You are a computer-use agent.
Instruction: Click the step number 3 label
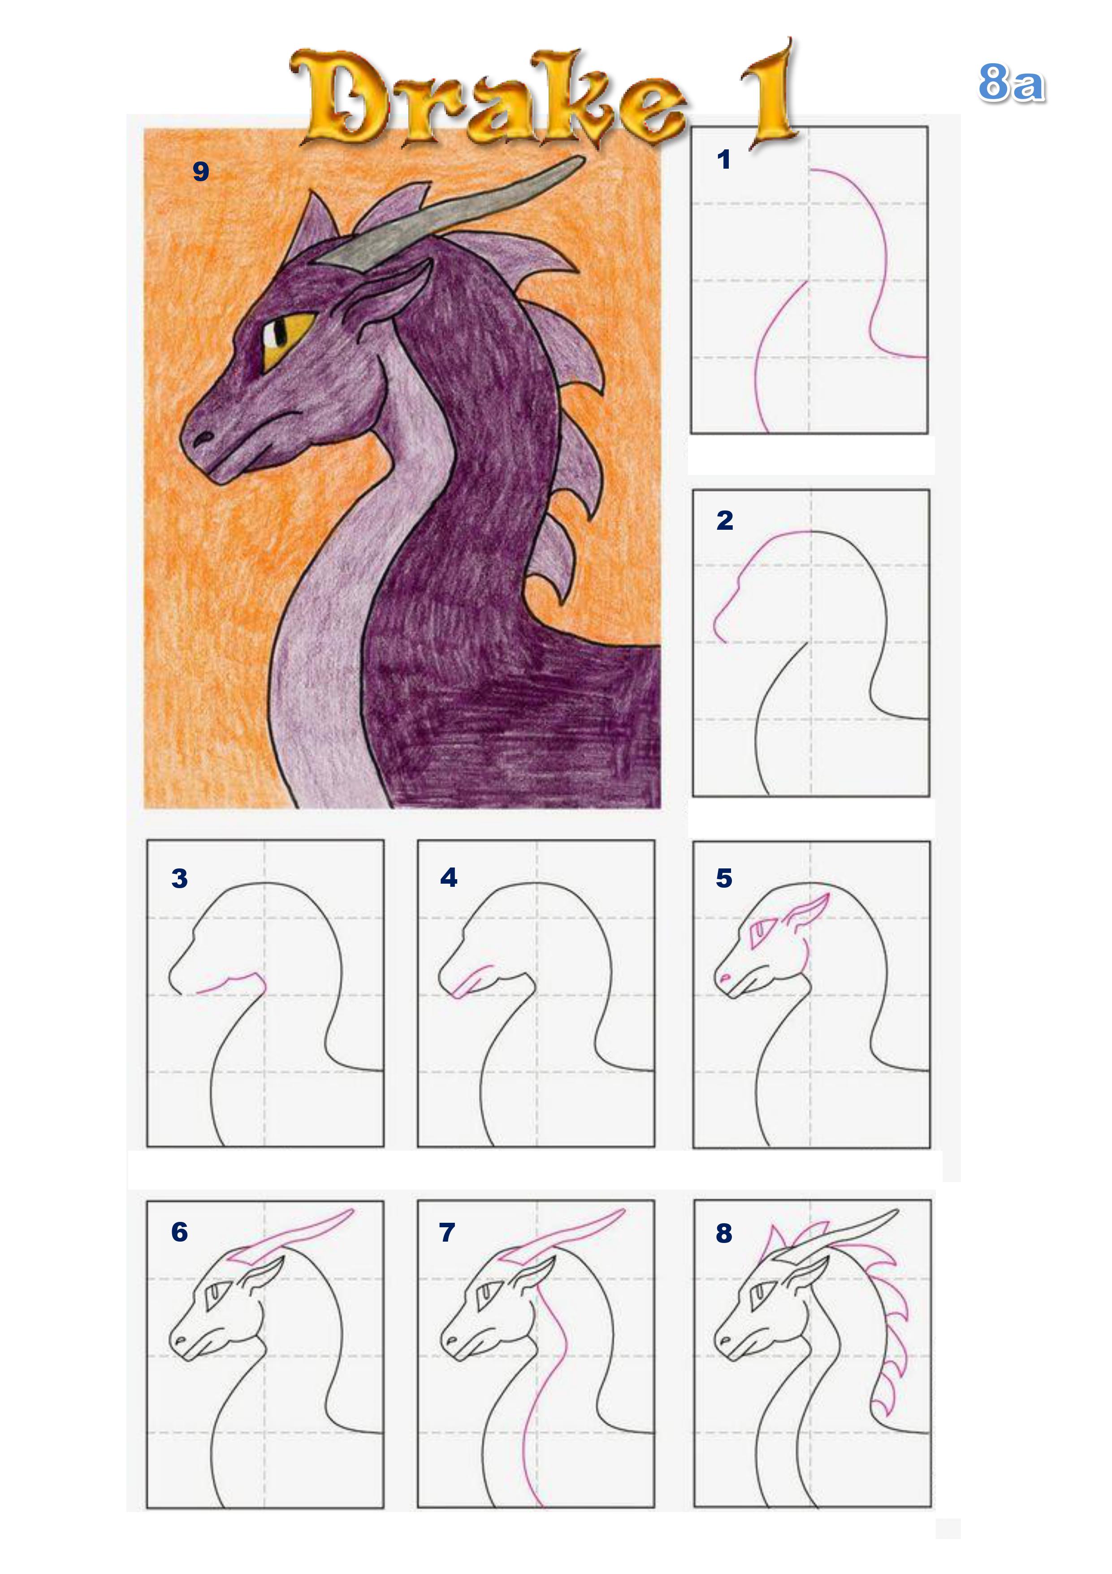(180, 878)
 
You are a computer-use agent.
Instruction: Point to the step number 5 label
(724, 878)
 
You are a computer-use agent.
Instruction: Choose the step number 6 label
(180, 1232)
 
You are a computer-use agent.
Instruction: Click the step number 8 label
(724, 1233)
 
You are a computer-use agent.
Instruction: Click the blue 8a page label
(1011, 83)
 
